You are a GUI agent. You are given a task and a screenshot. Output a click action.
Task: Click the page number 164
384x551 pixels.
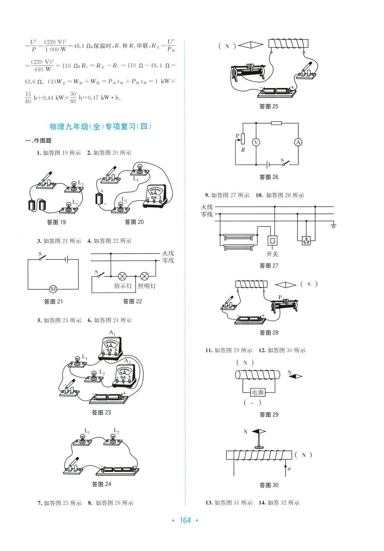click(185, 520)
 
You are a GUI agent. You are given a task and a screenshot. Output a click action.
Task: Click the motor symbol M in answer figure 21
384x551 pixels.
click(53, 289)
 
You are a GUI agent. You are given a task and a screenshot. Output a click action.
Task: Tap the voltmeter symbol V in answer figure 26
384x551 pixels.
click(256, 142)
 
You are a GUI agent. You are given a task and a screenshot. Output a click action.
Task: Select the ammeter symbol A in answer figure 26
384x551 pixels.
click(298, 142)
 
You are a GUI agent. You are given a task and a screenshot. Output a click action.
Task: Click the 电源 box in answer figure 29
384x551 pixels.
click(257, 392)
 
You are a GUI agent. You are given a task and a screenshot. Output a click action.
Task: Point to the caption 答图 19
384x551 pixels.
click(56, 222)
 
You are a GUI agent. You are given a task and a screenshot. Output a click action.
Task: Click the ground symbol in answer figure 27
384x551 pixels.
click(333, 225)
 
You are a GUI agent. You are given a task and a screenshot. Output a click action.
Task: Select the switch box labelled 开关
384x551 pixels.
click(273, 240)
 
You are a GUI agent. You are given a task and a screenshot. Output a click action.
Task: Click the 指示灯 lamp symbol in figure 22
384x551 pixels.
click(122, 277)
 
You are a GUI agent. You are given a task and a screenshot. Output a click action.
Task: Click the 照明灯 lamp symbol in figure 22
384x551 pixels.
click(144, 277)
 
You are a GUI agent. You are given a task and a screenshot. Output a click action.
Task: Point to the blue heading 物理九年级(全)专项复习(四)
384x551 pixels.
click(101, 127)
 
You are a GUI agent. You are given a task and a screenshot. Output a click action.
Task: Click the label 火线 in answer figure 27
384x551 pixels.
click(207, 207)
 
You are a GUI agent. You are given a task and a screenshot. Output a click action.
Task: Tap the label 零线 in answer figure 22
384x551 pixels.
click(168, 261)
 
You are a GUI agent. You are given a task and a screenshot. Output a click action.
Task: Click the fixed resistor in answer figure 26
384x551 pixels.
click(276, 123)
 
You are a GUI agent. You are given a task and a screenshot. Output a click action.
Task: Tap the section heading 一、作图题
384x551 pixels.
click(38, 141)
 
